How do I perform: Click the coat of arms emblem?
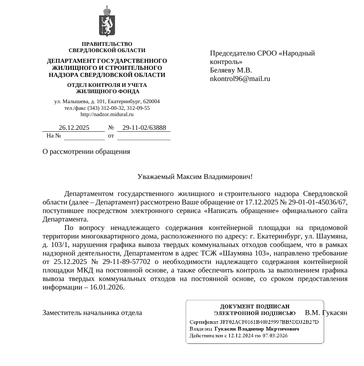click(107, 21)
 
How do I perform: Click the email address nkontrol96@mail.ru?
click(240, 78)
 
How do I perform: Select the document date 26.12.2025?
click(74, 128)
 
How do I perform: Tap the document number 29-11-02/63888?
click(144, 128)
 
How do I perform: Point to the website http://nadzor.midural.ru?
click(107, 114)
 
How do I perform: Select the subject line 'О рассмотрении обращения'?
click(86, 151)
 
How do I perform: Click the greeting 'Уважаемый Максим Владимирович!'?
click(195, 176)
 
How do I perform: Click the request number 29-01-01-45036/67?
click(318, 202)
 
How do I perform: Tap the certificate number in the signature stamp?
click(269, 322)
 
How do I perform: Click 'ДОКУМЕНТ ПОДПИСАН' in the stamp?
click(255, 306)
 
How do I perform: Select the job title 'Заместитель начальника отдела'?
click(92, 313)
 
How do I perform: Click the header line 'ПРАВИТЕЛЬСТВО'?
click(107, 44)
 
